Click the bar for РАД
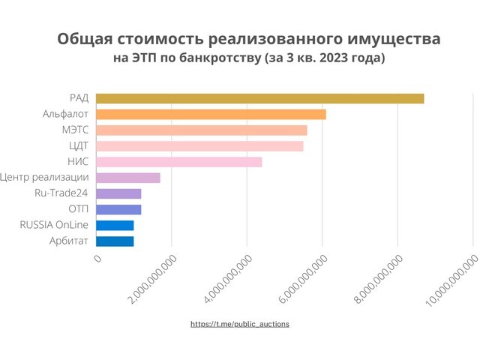tap(259, 98)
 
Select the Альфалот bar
tap(211, 114)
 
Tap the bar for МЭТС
tap(201, 130)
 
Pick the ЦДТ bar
tap(199, 145)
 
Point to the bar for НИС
tap(178, 161)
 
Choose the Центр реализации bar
tap(127, 178)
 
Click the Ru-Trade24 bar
tap(118, 193)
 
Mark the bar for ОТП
tap(118, 209)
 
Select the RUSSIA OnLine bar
tap(115, 225)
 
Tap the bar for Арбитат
tap(115, 241)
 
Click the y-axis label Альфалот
tap(66, 114)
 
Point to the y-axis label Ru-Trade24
tap(61, 193)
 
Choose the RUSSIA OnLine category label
tap(54, 225)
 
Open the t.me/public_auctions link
tap(240, 324)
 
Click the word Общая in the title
tap(86, 38)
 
